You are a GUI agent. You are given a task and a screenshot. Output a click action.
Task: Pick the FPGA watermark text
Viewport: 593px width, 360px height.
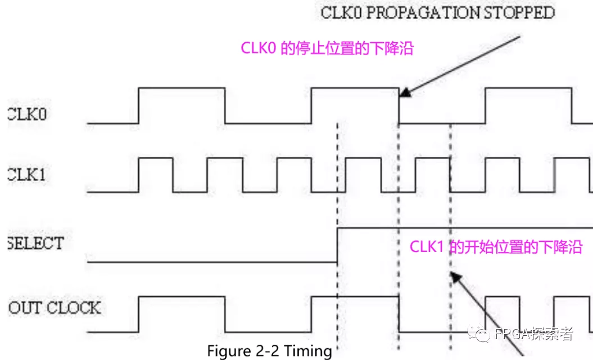pyautogui.click(x=533, y=335)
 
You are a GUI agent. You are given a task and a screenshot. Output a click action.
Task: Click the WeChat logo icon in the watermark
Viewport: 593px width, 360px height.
pyautogui.click(x=482, y=335)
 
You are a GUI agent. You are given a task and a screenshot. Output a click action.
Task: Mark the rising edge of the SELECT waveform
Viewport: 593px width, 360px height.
pyautogui.click(x=337, y=245)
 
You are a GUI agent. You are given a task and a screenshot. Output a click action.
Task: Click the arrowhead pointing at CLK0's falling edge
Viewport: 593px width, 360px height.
pyautogui.click(x=406, y=93)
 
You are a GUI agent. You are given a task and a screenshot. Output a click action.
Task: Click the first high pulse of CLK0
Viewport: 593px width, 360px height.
pyautogui.click(x=182, y=88)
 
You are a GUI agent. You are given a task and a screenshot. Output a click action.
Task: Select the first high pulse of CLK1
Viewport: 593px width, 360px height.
pyautogui.click(x=156, y=159)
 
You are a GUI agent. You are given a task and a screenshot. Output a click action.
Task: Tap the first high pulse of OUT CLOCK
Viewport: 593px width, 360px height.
pyautogui.click(x=182, y=296)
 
